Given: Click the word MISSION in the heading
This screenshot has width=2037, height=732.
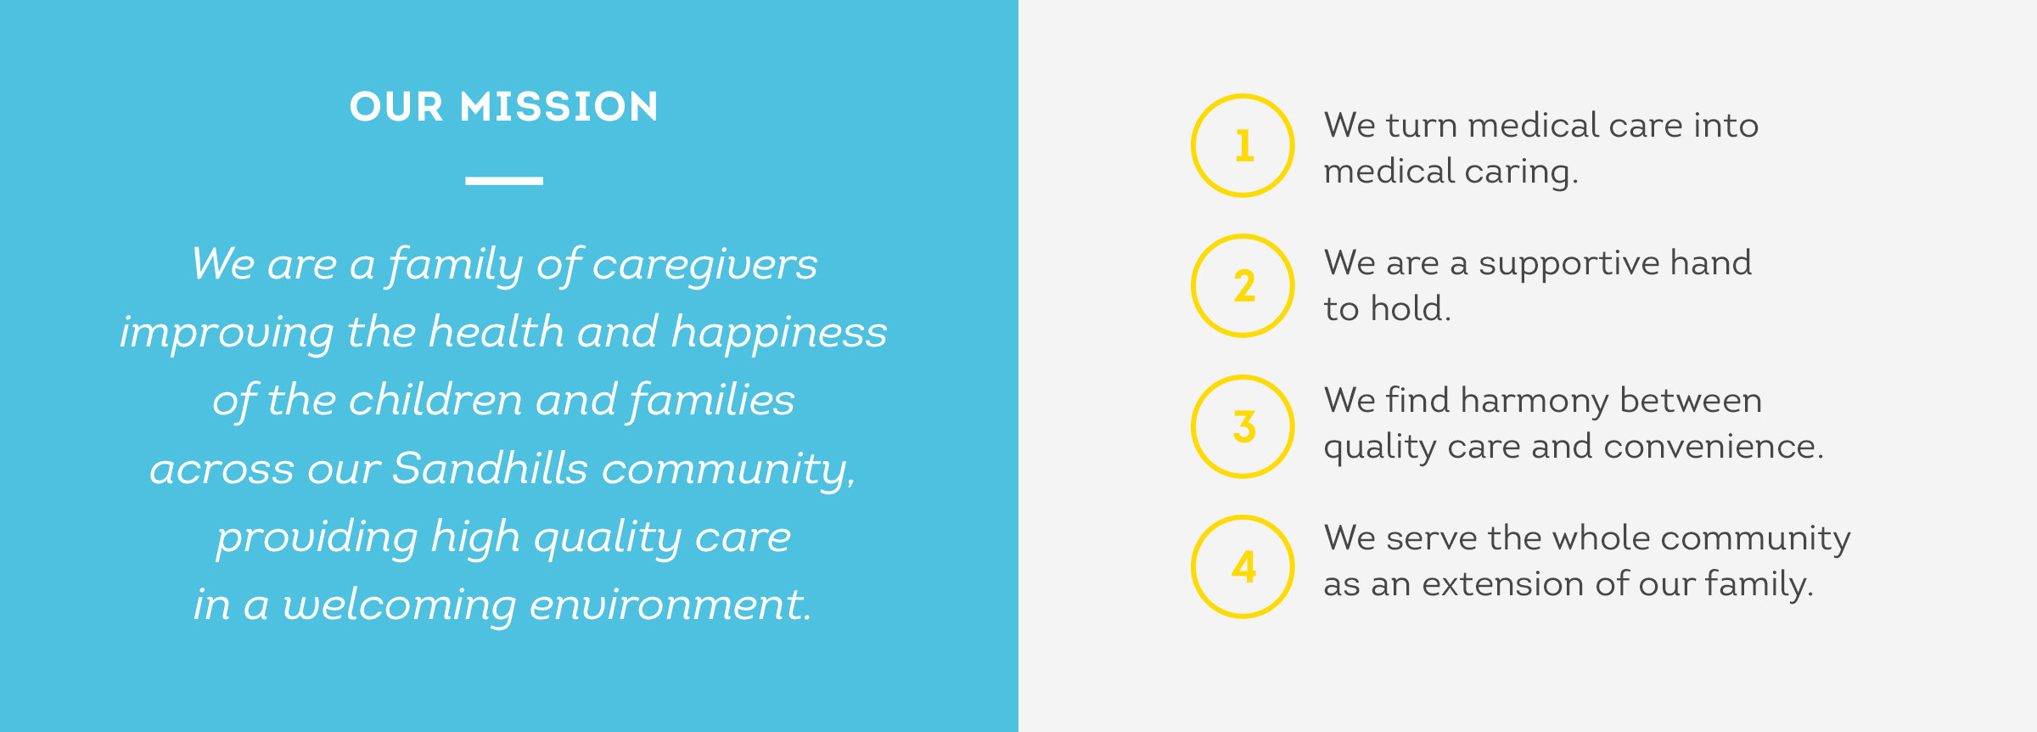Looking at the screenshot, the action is (558, 107).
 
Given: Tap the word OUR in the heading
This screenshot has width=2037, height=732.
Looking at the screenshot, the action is (396, 107).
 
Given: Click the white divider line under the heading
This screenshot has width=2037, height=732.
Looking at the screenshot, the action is (504, 181).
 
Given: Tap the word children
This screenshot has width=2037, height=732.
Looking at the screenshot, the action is (435, 399).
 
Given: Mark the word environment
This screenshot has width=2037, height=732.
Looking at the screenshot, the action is (671, 605).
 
